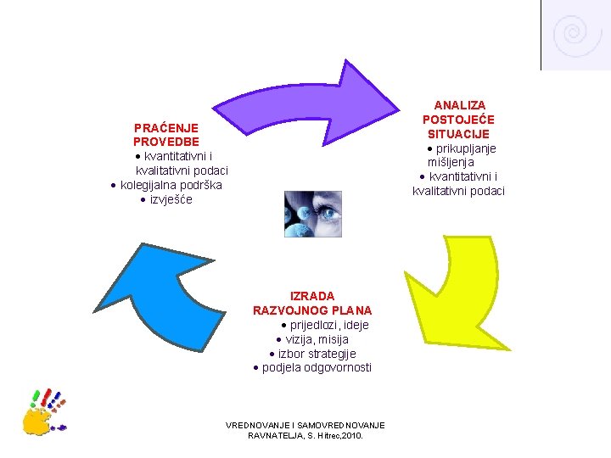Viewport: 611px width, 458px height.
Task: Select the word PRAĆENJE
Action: click(165, 127)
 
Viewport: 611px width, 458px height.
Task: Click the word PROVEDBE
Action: click(165, 142)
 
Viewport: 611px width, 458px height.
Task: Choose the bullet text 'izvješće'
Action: click(171, 199)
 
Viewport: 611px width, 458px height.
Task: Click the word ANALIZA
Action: click(458, 105)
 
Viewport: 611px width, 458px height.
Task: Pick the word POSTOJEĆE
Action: click(458, 120)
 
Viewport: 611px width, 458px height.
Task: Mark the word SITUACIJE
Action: click(458, 134)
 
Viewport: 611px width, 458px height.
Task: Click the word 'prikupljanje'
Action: click(466, 148)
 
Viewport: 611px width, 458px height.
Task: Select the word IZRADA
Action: click(312, 296)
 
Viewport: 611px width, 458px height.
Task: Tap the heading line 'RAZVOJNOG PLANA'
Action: click(312, 310)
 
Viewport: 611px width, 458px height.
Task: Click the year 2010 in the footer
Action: click(350, 435)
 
